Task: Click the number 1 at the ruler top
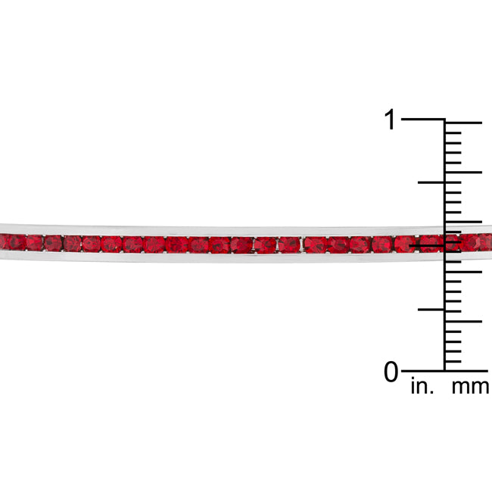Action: tap(390, 120)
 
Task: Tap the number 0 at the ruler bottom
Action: tap(391, 372)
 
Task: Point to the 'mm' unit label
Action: tap(470, 388)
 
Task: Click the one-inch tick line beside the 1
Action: tap(422, 120)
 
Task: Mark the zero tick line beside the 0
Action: tap(422, 371)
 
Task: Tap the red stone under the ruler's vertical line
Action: tap(447, 243)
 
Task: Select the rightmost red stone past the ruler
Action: tap(484, 242)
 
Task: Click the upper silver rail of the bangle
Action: tap(227, 229)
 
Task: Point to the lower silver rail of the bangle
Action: tap(227, 257)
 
